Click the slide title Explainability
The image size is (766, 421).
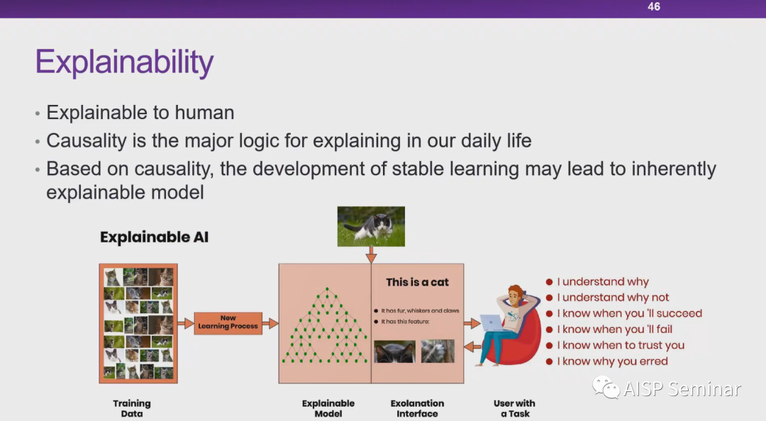point(125,62)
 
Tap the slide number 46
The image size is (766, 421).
point(654,7)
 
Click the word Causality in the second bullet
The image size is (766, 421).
point(87,141)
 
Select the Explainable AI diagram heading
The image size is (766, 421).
point(155,237)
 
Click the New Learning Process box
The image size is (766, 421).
point(228,322)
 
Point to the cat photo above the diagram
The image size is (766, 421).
point(371,226)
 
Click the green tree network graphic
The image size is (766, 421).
point(326,325)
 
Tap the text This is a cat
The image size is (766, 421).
point(417,282)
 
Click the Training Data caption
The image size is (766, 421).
point(132,408)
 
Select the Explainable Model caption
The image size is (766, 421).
point(328,408)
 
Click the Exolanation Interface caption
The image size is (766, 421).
point(417,408)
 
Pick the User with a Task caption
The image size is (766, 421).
point(514,408)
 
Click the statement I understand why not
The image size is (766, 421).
point(613,298)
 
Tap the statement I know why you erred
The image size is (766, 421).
point(613,361)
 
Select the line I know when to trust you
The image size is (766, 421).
point(621,345)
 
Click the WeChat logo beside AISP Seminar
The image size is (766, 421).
point(606,387)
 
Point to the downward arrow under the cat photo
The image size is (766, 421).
point(371,255)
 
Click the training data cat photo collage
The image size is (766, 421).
point(138,323)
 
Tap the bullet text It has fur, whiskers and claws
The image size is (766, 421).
point(420,310)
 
